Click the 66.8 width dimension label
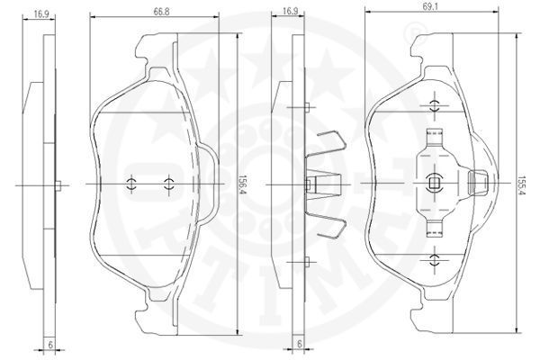tap(161, 12)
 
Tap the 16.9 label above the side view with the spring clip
tap(290, 11)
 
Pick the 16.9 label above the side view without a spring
tap(41, 14)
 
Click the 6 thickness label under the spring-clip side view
tap(300, 344)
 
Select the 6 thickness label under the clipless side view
tap(50, 345)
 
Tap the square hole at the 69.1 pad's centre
tap(434, 183)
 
